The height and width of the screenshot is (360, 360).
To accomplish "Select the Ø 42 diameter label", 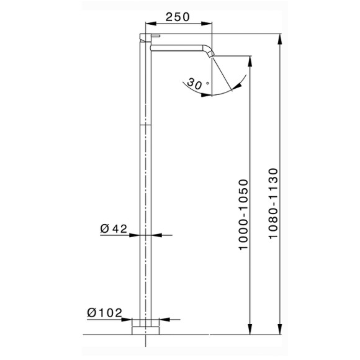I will pos(113,228).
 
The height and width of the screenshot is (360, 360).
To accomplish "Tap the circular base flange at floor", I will pos(146,328).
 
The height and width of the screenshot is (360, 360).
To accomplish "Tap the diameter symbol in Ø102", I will pos(91,312).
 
